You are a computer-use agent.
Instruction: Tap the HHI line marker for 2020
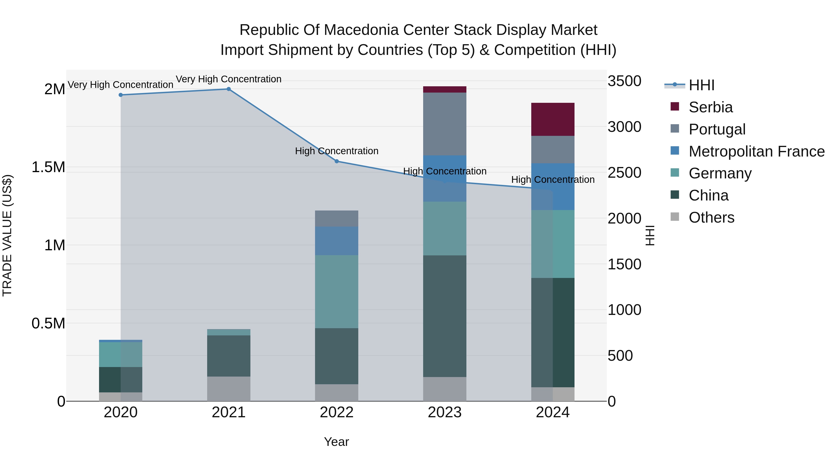pyautogui.click(x=120, y=95)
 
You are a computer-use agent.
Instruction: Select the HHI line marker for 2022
pyautogui.click(x=337, y=161)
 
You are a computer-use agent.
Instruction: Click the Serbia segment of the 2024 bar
pyautogui.click(x=553, y=119)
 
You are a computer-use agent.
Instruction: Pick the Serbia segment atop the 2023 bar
pyautogui.click(x=445, y=89)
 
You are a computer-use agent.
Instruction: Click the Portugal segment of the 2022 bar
pyautogui.click(x=337, y=218)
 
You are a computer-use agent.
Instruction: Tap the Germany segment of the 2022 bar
pyautogui.click(x=337, y=292)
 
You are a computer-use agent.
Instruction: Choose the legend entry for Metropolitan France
pyautogui.click(x=756, y=151)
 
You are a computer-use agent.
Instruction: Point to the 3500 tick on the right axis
pyautogui.click(x=624, y=81)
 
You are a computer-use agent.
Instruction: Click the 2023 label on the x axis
pyautogui.click(x=445, y=412)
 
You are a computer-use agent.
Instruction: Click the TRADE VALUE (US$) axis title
pyautogui.click(x=7, y=235)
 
